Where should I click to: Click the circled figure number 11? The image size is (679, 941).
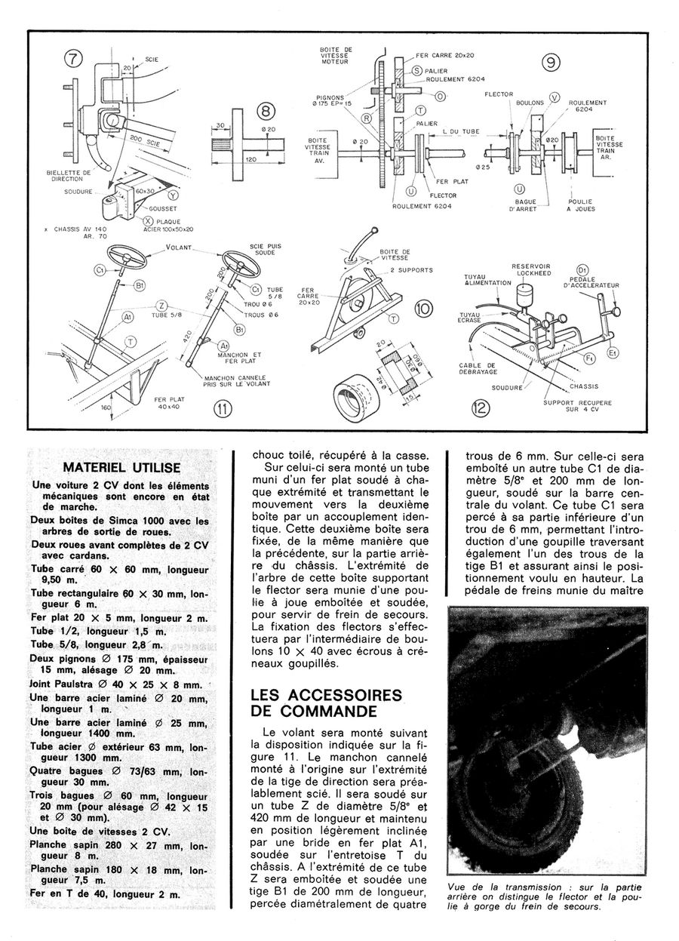(223, 410)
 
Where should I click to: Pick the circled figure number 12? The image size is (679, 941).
(481, 409)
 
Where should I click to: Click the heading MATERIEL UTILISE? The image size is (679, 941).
(121, 468)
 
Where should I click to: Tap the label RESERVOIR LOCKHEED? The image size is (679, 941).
(533, 269)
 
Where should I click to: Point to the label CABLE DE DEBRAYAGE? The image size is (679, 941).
(481, 371)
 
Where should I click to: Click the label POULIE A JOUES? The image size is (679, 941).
(579, 205)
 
